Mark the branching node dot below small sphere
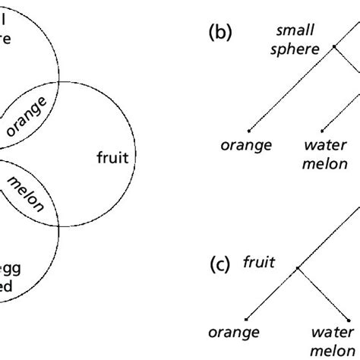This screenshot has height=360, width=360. (333, 47)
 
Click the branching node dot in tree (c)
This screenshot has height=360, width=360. (299, 268)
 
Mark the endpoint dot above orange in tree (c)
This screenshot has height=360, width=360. (246, 318)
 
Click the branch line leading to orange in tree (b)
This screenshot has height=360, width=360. (291, 87)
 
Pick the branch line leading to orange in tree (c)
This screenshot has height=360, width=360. (273, 293)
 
